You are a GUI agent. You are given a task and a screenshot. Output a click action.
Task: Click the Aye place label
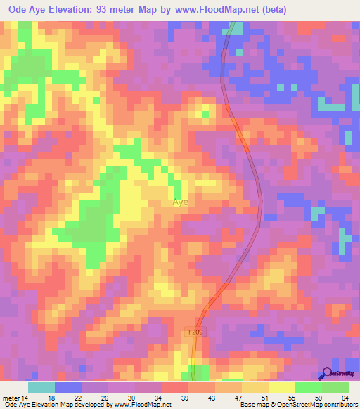tap(181, 202)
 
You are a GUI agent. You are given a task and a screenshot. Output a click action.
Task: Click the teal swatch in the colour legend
tap(41, 387)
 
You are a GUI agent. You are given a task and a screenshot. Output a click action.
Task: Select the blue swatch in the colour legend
tap(68, 387)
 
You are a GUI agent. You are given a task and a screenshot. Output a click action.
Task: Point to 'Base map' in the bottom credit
tap(254, 405)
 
